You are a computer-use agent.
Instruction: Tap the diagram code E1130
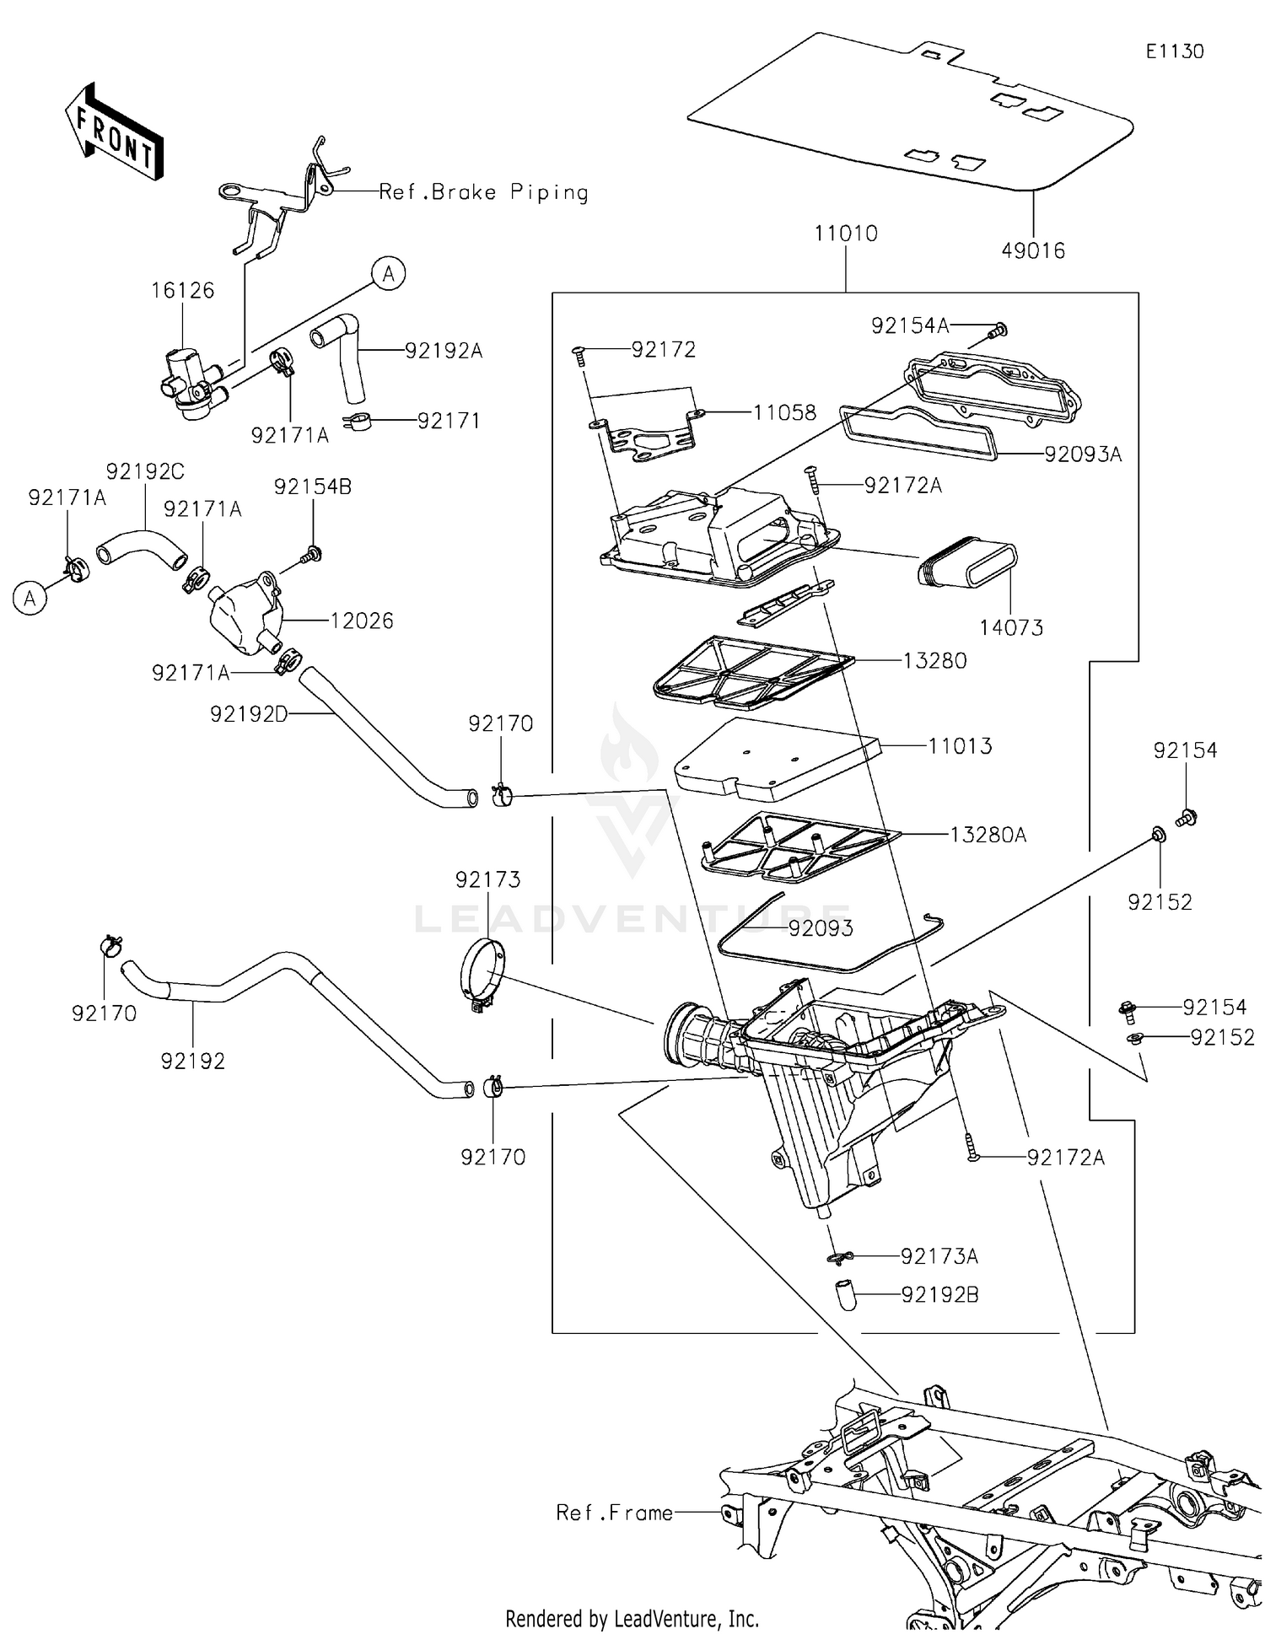1174,51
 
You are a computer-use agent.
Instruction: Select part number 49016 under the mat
1033,250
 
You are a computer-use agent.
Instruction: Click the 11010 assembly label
845,234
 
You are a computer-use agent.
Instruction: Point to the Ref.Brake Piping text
483,192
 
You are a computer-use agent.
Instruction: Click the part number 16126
182,290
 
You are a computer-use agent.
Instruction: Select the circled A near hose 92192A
389,273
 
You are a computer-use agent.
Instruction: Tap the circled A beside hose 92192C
30,598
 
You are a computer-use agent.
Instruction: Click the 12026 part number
361,621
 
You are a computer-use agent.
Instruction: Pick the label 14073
1010,627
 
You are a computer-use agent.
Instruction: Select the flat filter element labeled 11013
776,759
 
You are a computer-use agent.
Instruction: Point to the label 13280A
988,835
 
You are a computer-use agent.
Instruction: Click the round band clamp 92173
482,976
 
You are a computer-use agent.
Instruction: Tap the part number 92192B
939,1294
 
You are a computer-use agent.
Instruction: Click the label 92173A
939,1256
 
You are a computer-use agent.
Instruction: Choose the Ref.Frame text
614,1513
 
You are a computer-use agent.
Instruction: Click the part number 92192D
249,714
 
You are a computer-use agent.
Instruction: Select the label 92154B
312,486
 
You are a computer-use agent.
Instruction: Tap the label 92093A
1083,454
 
